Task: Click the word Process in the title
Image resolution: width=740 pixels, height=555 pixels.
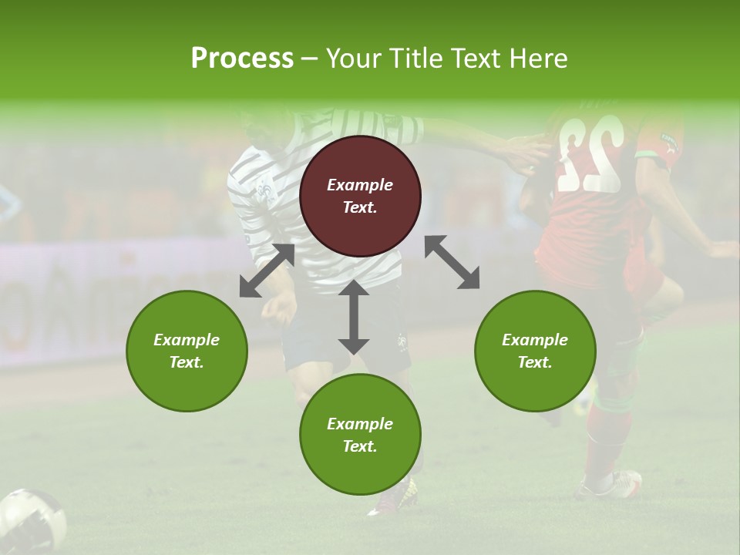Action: (x=242, y=59)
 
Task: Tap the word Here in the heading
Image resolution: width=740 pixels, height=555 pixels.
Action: (x=537, y=59)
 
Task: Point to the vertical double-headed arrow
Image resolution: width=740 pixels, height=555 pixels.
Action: (x=354, y=317)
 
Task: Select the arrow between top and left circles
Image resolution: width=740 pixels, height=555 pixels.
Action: (x=267, y=271)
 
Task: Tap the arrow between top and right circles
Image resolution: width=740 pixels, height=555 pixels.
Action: (x=452, y=262)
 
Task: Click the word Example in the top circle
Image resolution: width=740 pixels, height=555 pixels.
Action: (x=360, y=185)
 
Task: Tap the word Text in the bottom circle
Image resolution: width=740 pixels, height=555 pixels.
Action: (x=360, y=446)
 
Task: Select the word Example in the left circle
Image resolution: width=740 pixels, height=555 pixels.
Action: (x=187, y=340)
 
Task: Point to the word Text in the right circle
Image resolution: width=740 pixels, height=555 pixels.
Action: (x=535, y=362)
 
